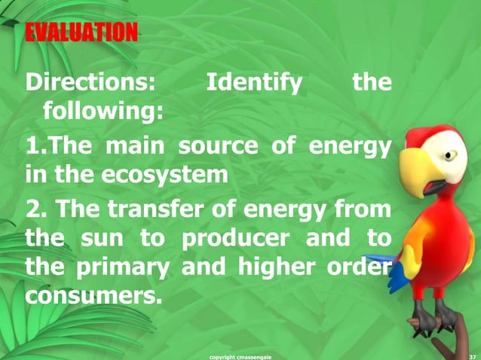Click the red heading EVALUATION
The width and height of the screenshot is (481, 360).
coord(81,32)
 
